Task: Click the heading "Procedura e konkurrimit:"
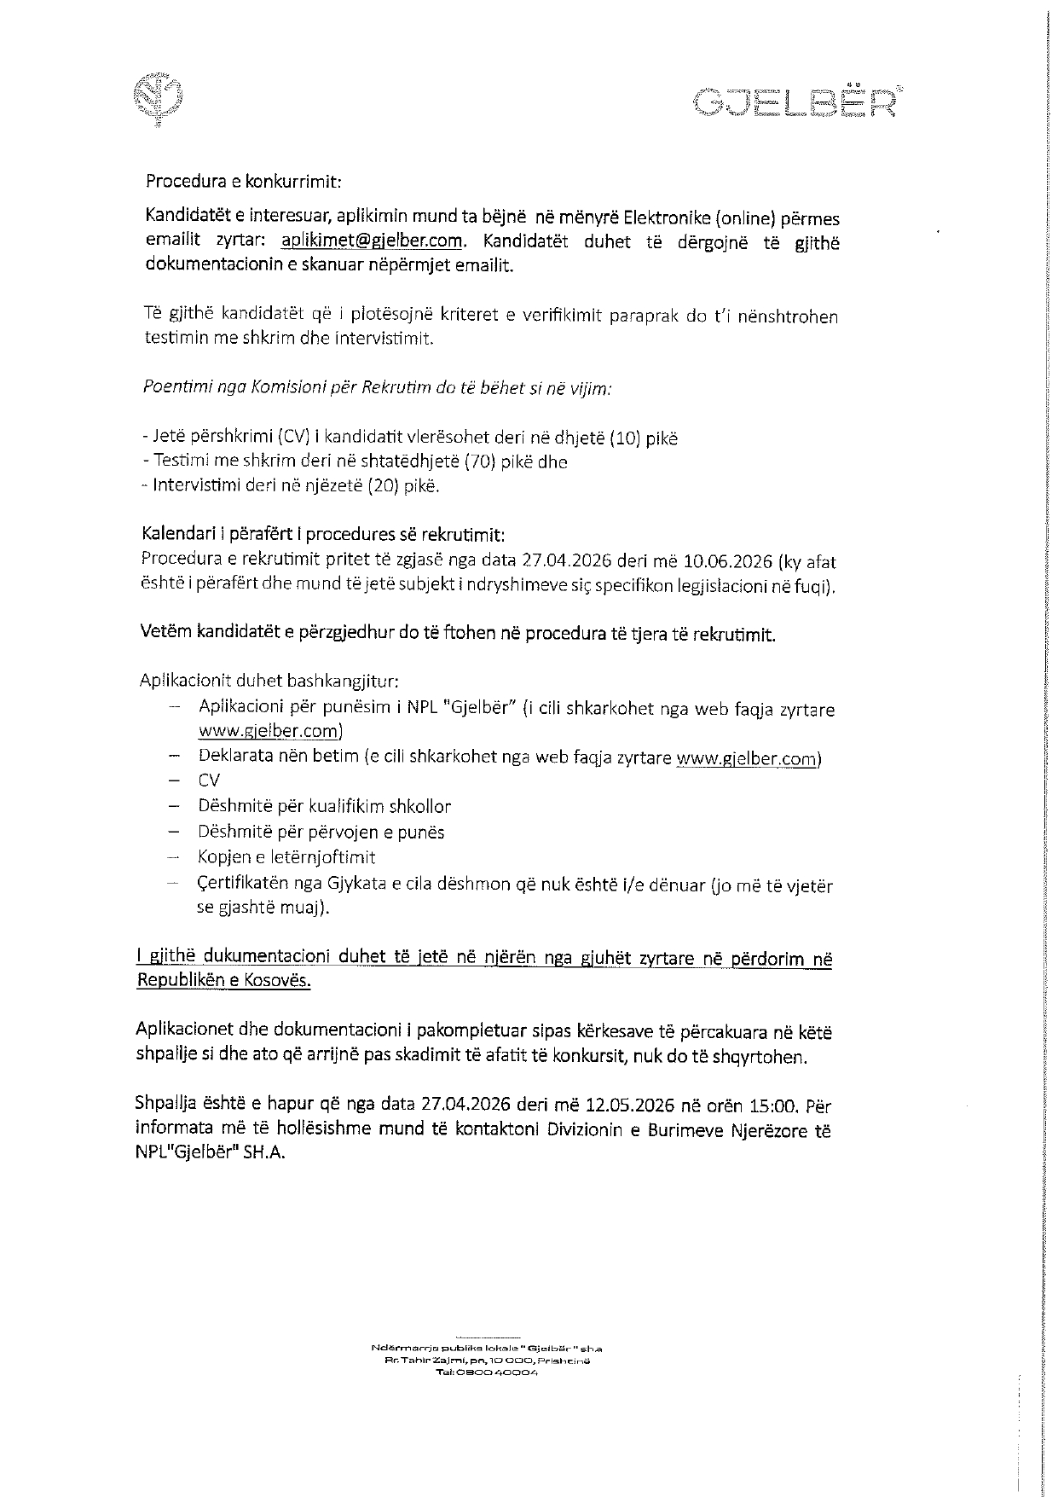244,181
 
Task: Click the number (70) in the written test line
488,461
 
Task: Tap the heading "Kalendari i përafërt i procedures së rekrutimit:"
323,535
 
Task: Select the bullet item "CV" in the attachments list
209,780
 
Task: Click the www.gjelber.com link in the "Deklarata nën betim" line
748,758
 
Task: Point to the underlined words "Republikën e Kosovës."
223,980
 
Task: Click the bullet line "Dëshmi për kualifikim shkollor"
324,806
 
